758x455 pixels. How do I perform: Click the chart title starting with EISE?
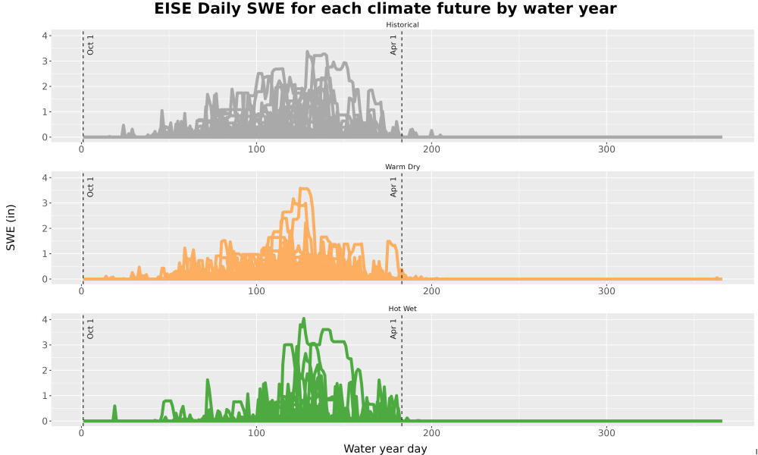385,8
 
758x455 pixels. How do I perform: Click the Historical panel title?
402,25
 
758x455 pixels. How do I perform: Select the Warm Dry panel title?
402,167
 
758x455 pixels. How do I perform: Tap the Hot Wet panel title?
402,309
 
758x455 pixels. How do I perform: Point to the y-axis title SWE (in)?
11,227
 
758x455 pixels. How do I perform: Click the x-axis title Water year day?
385,449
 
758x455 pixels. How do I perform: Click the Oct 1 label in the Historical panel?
90,45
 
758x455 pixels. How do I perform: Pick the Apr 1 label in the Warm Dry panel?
393,187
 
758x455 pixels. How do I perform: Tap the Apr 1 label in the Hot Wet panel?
393,329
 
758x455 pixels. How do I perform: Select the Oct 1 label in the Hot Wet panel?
90,329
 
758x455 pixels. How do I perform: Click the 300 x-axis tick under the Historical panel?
606,149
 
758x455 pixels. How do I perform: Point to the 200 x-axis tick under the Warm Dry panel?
431,291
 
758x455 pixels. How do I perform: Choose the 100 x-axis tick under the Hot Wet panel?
256,433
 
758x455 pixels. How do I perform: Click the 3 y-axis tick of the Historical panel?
45,61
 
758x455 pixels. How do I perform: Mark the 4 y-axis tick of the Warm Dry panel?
45,178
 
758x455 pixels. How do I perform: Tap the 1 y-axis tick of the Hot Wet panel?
45,396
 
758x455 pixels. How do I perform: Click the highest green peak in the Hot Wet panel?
303,318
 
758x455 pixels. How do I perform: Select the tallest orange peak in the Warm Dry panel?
305,189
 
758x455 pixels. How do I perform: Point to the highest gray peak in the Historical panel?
308,52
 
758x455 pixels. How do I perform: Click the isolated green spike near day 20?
114,406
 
